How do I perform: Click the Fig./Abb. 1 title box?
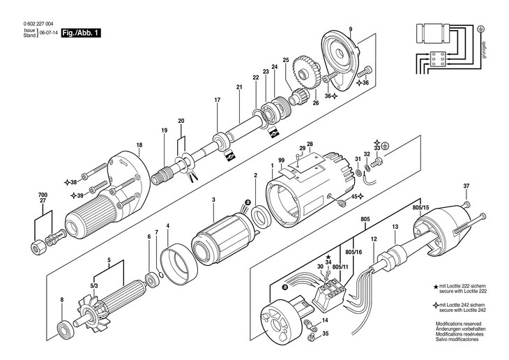[x=82, y=32]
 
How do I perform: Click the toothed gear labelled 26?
[x=307, y=73]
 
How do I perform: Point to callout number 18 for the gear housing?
[x=139, y=145]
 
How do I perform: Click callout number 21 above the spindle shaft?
[x=238, y=87]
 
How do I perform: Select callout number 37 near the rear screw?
[x=466, y=186]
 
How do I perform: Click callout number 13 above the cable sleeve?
[x=395, y=227]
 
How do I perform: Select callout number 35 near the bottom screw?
[x=324, y=335]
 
